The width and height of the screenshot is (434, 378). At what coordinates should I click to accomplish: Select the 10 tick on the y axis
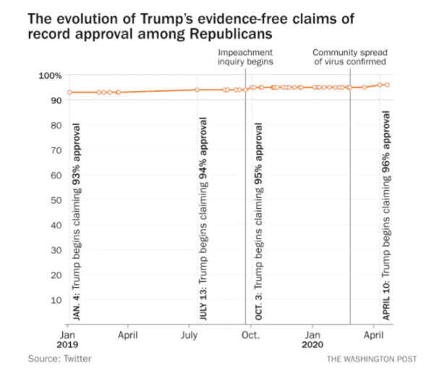tap(54, 299)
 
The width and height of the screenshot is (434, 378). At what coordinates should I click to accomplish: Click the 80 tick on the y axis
tap(54, 125)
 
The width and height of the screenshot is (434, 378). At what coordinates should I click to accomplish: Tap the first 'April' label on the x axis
tap(128, 335)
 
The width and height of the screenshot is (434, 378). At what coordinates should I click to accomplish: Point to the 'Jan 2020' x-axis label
tap(313, 340)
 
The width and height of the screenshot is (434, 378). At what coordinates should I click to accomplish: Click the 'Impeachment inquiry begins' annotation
tap(246, 57)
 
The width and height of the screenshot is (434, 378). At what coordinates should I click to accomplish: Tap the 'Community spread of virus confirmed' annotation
tap(349, 57)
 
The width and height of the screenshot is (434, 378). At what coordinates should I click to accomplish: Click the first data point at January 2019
tap(69, 93)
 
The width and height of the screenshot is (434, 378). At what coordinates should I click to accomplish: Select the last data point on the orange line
tap(388, 85)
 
